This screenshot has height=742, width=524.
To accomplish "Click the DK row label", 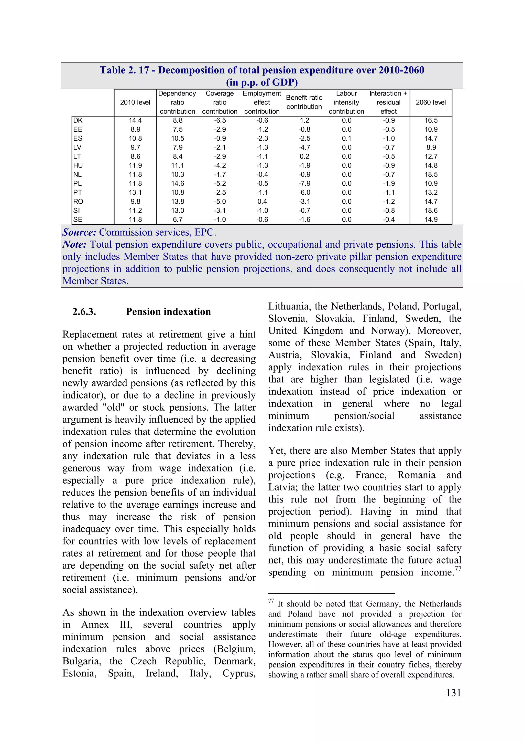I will point(78,121).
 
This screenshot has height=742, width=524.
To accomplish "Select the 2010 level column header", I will point(135,102).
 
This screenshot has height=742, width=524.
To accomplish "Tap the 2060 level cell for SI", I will point(431,210).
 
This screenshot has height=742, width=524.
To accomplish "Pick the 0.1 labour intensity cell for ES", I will point(346,138).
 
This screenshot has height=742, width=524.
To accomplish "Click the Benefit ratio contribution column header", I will point(304,102).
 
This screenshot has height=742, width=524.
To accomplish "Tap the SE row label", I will point(78,220).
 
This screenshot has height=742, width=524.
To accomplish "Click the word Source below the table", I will point(79,232).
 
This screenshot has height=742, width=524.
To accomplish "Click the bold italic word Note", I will point(74,245).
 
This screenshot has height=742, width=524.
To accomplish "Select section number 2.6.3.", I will point(84,312).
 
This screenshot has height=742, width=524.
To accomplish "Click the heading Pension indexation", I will point(168,312).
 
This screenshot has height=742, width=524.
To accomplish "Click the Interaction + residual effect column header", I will point(388,102).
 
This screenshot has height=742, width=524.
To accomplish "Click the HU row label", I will point(78,165).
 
